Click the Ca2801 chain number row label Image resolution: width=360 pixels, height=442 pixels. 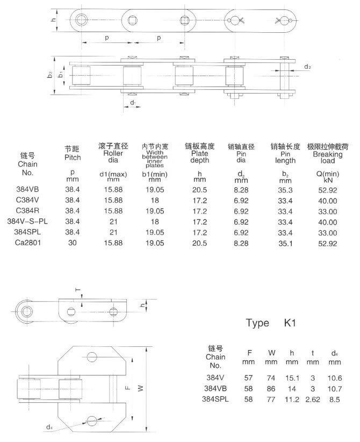point(26,243)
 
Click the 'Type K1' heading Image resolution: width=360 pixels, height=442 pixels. point(271,324)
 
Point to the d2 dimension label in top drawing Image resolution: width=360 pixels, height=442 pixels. point(307,67)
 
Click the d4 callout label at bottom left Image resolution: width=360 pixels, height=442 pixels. point(49,427)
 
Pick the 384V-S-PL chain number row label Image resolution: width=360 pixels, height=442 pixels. point(26,221)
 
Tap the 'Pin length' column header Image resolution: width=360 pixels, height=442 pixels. point(285,153)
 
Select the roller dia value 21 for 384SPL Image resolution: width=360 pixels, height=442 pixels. point(112,232)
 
